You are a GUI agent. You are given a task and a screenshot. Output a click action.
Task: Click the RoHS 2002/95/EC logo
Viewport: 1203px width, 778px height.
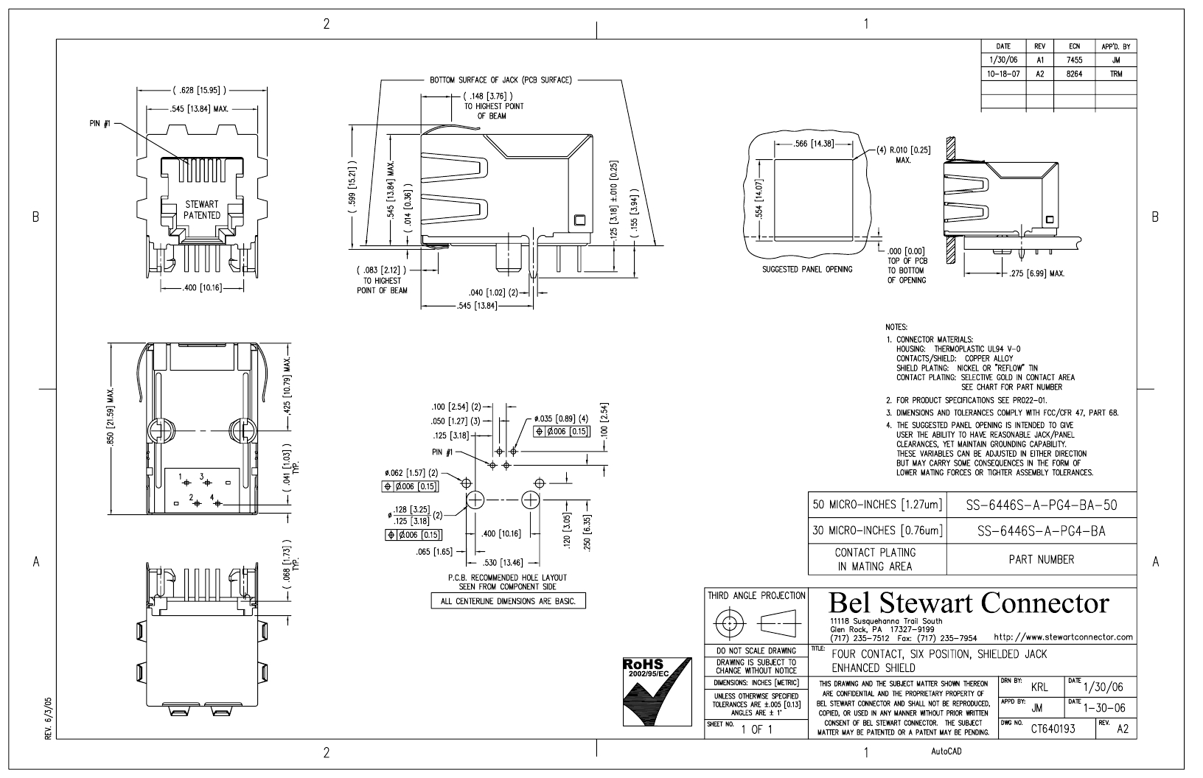(x=657, y=692)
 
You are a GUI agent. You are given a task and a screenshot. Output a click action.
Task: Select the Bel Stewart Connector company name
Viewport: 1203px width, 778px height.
(x=969, y=603)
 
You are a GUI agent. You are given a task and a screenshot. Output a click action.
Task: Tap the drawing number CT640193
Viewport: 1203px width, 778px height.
(x=1053, y=729)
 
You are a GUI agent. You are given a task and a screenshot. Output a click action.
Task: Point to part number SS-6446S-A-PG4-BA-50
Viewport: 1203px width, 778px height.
(x=1042, y=505)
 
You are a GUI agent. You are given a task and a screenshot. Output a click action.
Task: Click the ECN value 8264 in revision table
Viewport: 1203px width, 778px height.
(x=1074, y=74)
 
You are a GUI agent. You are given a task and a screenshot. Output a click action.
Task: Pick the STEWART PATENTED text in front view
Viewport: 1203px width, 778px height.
(x=202, y=210)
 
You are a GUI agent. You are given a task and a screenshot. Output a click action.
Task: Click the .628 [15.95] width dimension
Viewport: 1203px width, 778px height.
(x=199, y=90)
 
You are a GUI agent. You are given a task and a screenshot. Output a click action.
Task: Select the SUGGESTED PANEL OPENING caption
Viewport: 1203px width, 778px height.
(x=807, y=270)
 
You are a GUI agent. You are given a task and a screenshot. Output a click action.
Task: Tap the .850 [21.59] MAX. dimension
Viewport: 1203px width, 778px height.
(x=111, y=416)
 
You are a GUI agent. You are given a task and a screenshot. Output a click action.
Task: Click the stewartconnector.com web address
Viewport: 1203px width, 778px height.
(x=1064, y=637)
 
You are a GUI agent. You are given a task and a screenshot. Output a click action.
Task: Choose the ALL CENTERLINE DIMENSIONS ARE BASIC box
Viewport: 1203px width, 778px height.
(x=508, y=601)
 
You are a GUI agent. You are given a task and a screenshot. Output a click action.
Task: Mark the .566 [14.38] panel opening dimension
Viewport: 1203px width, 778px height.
(x=814, y=144)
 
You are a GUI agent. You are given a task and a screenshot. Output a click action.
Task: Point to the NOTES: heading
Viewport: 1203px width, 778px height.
(x=896, y=327)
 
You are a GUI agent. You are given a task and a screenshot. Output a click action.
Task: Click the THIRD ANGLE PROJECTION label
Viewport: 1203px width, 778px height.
(x=756, y=595)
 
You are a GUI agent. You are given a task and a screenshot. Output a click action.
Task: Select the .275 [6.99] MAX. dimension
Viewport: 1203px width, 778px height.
(x=1036, y=273)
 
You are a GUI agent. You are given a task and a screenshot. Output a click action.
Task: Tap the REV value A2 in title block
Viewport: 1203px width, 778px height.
(x=1123, y=729)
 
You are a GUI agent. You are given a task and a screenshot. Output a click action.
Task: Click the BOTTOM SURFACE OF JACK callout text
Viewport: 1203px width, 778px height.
(x=501, y=80)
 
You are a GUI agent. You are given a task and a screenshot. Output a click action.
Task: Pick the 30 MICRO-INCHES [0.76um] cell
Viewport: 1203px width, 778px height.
(x=877, y=531)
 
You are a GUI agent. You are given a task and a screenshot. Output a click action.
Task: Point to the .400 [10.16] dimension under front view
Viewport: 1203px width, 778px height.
(x=202, y=288)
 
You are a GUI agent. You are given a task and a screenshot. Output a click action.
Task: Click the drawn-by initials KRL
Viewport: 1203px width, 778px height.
(x=1039, y=688)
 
